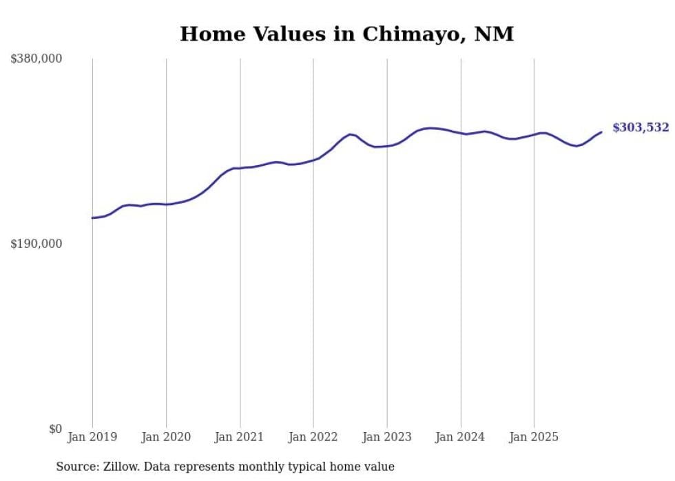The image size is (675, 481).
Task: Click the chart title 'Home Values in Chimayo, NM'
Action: pyautogui.click(x=346, y=34)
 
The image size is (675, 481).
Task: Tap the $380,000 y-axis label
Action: pyautogui.click(x=37, y=59)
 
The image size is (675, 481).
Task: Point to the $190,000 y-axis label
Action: pyautogui.click(x=37, y=244)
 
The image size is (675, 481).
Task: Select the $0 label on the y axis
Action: pyautogui.click(x=55, y=429)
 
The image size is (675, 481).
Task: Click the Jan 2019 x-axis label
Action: pyautogui.click(x=92, y=437)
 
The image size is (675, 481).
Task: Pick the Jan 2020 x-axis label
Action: pyautogui.click(x=166, y=437)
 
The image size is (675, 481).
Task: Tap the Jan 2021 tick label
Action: pyautogui.click(x=240, y=437)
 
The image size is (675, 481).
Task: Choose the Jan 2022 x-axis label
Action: pyautogui.click(x=313, y=437)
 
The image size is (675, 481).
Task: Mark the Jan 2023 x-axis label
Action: pyautogui.click(x=387, y=437)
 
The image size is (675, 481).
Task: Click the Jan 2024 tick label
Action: pyautogui.click(x=461, y=437)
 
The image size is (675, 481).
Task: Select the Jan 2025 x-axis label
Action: pyautogui.click(x=534, y=437)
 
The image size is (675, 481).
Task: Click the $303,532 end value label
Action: pyautogui.click(x=641, y=127)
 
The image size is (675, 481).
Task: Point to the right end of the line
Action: pyautogui.click(x=601, y=132)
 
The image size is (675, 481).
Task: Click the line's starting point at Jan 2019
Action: pyautogui.click(x=92, y=218)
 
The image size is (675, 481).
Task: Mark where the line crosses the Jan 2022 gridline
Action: pyautogui.click(x=313, y=160)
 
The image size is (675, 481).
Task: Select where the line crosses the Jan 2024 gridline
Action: pyautogui.click(x=461, y=133)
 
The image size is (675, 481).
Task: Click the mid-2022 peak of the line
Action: pyautogui.click(x=350, y=134)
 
